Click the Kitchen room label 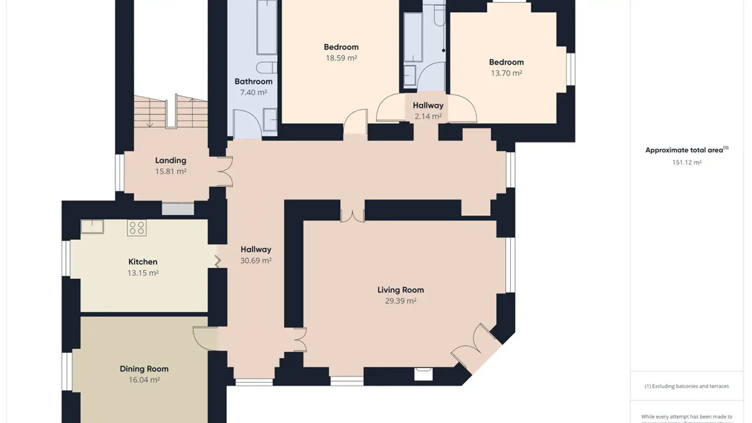[143, 262]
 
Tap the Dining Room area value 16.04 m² [144, 380]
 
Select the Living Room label [401, 290]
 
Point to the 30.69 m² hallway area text [255, 260]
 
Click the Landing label [170, 160]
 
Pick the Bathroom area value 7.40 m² [253, 92]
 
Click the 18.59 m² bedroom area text [341, 58]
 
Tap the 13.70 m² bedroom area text [506, 73]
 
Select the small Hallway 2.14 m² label [428, 105]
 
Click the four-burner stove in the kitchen [137, 228]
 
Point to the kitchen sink [92, 226]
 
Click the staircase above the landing [171, 112]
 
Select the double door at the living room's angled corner [477, 348]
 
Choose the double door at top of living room [352, 215]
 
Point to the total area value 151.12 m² [686, 162]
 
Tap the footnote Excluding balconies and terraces [686, 386]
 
